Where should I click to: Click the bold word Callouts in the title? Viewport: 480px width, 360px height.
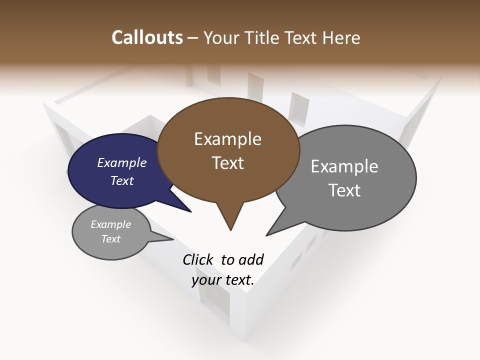[147, 37]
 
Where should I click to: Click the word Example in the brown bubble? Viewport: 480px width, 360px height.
[227, 139]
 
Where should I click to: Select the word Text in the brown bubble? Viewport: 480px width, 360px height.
[227, 163]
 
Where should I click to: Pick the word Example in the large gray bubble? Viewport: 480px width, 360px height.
[344, 166]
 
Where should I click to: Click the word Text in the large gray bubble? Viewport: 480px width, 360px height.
[344, 190]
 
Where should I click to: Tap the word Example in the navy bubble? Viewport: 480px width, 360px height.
[122, 162]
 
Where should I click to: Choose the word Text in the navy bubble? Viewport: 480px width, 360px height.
[122, 180]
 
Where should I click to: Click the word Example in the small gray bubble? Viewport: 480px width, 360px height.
[111, 224]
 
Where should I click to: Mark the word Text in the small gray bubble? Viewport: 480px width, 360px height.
[111, 239]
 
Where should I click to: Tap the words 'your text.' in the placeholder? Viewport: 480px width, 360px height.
[223, 280]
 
